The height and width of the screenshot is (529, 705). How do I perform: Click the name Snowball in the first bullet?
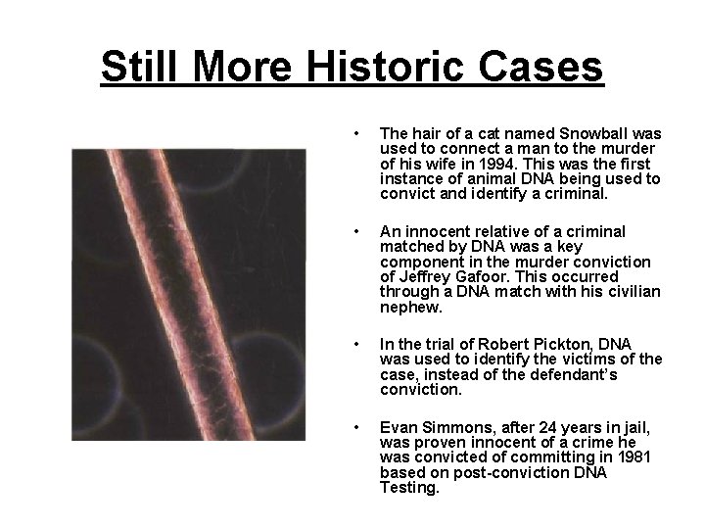tap(574, 133)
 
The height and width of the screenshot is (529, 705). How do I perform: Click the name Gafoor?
tap(469, 275)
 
